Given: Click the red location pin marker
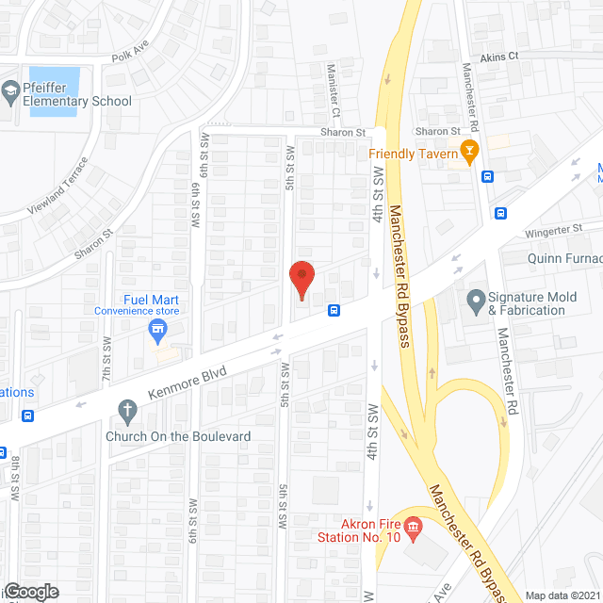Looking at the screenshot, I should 301,280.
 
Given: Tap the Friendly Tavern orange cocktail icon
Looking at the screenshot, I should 468,152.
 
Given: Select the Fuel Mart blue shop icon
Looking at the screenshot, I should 158,329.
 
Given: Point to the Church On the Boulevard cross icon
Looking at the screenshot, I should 126,410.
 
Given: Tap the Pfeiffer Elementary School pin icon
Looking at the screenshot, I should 10,91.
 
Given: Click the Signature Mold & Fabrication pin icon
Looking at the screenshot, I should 476,302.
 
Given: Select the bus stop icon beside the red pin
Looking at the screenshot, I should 334,309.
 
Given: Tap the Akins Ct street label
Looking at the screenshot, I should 499,57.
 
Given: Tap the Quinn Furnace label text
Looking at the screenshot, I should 564,257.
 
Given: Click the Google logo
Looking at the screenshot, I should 31,592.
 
